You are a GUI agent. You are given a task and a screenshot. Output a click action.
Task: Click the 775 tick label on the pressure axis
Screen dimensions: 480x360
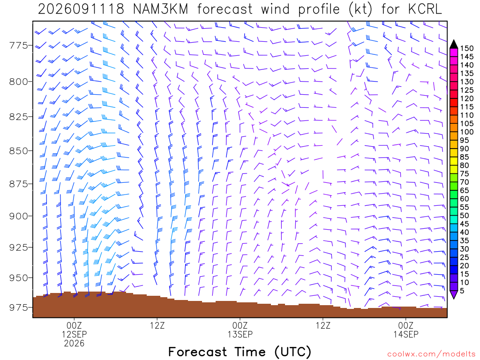click(x=18, y=45)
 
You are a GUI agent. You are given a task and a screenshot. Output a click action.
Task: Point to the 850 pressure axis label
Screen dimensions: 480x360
click(x=18, y=151)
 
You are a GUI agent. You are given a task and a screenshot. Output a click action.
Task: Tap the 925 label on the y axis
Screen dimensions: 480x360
click(x=18, y=247)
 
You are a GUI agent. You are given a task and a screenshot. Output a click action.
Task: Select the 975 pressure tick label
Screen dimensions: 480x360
click(x=18, y=307)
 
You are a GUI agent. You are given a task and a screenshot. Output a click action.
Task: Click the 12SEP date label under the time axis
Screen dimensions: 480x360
click(x=75, y=334)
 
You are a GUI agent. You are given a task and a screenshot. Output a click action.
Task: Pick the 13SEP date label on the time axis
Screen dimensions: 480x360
click(x=240, y=334)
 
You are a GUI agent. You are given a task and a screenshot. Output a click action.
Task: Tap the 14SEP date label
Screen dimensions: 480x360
click(x=406, y=334)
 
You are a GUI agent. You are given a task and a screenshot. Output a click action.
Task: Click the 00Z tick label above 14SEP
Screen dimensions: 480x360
click(x=406, y=325)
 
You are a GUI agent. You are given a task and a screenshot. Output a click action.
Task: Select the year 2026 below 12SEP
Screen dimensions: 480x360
click(x=75, y=343)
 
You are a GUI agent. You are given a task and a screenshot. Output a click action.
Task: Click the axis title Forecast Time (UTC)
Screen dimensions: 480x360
click(x=240, y=352)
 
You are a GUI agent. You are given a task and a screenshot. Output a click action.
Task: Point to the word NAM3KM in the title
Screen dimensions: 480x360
click(x=160, y=9)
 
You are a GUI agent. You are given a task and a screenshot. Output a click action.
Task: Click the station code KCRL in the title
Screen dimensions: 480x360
click(x=425, y=9)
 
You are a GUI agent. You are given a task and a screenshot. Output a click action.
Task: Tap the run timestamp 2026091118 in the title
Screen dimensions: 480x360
click(x=81, y=9)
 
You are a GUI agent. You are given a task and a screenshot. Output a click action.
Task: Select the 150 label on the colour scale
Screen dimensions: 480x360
click(x=467, y=48)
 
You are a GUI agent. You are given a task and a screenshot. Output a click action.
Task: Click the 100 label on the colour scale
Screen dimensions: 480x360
click(x=467, y=132)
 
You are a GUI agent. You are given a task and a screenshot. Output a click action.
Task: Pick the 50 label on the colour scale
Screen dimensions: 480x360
click(x=465, y=216)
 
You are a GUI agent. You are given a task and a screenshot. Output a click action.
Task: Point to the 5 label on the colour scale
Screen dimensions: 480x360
click(x=462, y=291)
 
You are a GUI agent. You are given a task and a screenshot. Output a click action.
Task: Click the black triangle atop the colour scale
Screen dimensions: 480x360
click(x=454, y=45)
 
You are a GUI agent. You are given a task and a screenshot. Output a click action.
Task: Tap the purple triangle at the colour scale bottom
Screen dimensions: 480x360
click(x=454, y=294)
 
